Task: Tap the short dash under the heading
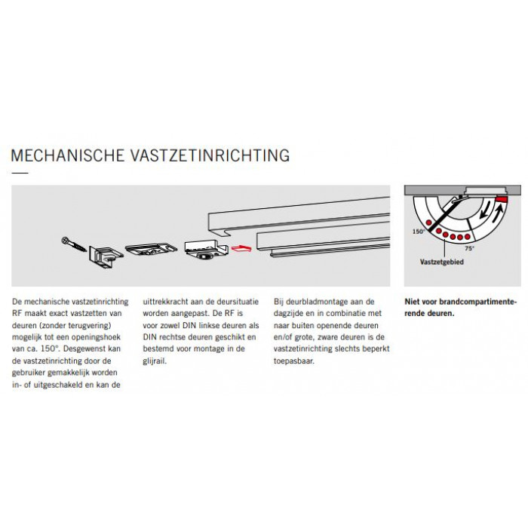pyautogui.click(x=20, y=173)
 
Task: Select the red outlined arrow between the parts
pyautogui.click(x=241, y=249)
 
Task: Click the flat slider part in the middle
pyautogui.click(x=151, y=249)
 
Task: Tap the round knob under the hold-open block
pyautogui.click(x=203, y=257)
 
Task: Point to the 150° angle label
pyautogui.click(x=419, y=232)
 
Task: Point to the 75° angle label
pyautogui.click(x=469, y=248)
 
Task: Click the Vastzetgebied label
pyautogui.click(x=441, y=262)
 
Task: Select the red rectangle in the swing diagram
pyautogui.click(x=502, y=199)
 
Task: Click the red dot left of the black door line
pyautogui.click(x=429, y=223)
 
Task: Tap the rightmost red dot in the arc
pyautogui.click(x=468, y=237)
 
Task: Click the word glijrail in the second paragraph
pyautogui.click(x=155, y=361)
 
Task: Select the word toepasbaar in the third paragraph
pyautogui.click(x=294, y=361)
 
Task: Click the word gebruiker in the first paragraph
pyautogui.click(x=29, y=373)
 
